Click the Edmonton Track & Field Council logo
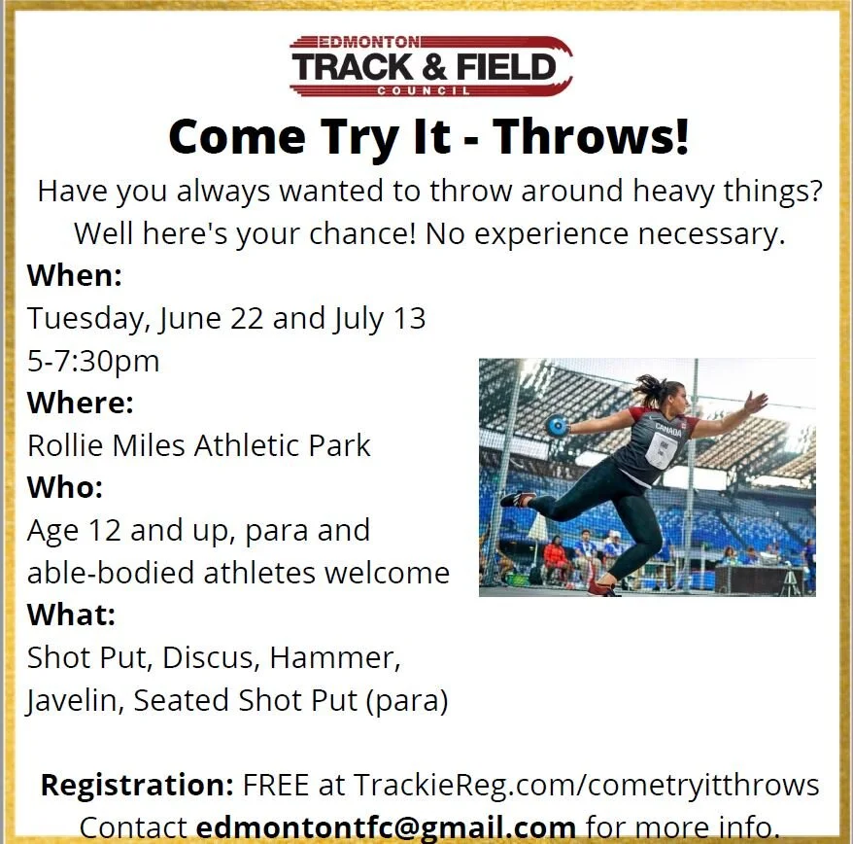click(x=430, y=66)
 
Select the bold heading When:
click(x=75, y=275)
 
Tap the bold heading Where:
click(x=81, y=402)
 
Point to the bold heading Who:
click(x=65, y=486)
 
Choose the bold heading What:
click(x=71, y=615)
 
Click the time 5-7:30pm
click(x=93, y=361)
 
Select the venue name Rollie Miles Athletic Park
click(x=199, y=445)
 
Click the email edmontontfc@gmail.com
click(x=386, y=827)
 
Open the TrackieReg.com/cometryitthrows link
click(x=586, y=785)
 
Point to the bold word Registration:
click(x=137, y=785)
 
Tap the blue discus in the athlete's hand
click(x=557, y=425)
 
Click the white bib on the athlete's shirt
click(x=661, y=450)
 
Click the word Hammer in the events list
click(x=335, y=657)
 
